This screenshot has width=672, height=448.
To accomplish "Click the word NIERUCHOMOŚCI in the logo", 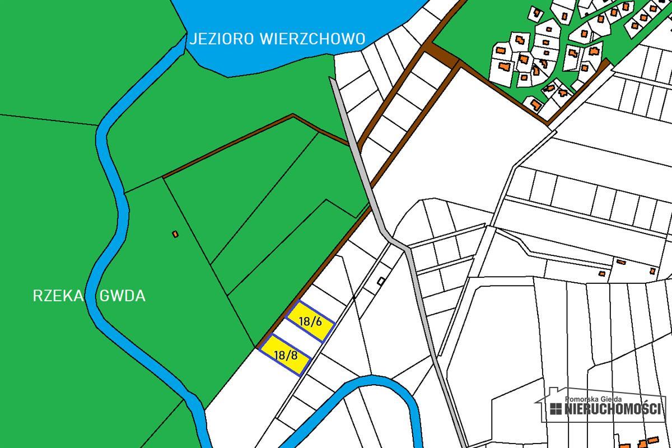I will (613, 408).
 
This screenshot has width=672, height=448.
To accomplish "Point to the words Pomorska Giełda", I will (594, 398).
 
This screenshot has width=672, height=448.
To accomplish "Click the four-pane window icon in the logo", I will (556, 409).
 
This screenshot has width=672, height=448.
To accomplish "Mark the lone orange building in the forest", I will (175, 234).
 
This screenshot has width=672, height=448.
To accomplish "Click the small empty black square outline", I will (381, 281).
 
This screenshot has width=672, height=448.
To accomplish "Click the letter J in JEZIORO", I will (192, 39).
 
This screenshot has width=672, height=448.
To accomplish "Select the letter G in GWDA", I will (103, 296).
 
